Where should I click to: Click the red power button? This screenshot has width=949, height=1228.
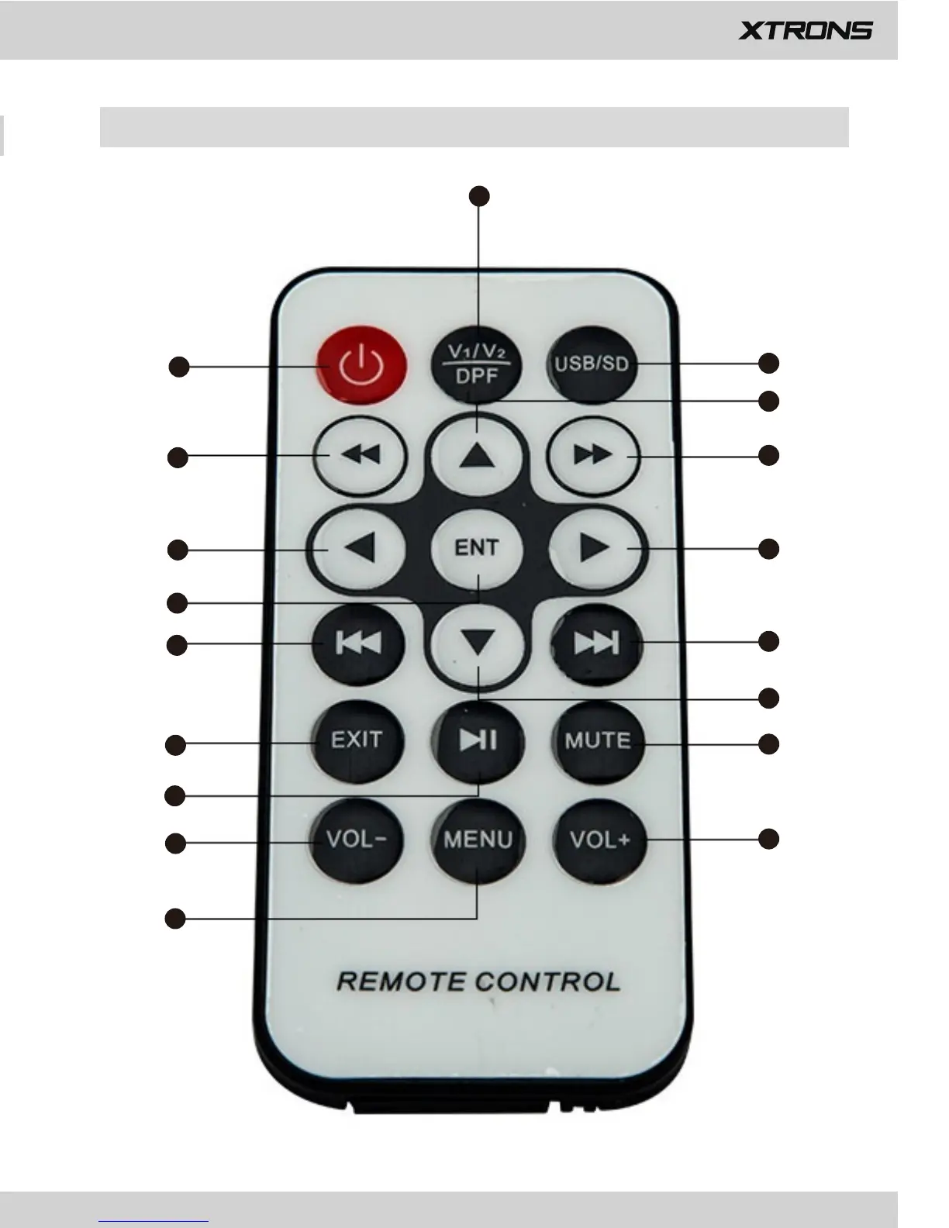click(361, 365)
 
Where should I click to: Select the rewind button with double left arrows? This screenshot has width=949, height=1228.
click(361, 455)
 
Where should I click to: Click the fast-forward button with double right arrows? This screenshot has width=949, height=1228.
click(594, 455)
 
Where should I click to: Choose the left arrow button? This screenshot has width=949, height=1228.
click(359, 548)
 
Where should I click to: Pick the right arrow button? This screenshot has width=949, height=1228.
click(595, 548)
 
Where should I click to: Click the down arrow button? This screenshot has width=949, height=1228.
click(478, 643)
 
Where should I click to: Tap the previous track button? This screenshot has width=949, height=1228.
click(358, 643)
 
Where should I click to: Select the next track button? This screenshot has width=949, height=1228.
click(596, 643)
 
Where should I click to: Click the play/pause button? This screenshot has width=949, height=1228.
click(478, 740)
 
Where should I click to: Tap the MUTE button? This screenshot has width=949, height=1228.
click(598, 741)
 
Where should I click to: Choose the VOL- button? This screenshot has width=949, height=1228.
click(356, 840)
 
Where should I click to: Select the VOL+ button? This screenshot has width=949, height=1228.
click(599, 840)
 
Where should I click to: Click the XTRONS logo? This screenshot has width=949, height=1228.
click(806, 30)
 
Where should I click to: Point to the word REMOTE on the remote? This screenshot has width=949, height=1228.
click(400, 981)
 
